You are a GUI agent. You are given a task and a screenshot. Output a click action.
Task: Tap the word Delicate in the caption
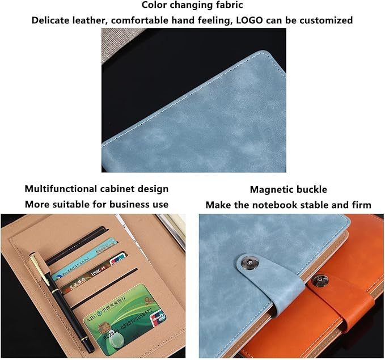(x=52, y=20)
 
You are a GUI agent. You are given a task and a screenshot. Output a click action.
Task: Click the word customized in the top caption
(x=325, y=20)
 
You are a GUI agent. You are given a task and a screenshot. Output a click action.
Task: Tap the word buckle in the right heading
(x=312, y=189)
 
